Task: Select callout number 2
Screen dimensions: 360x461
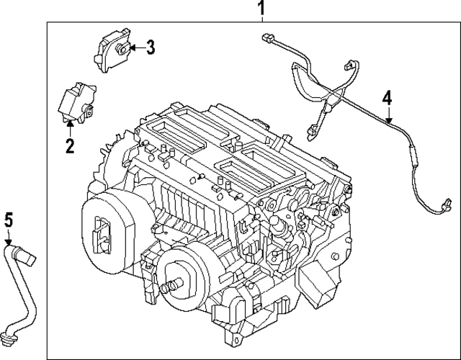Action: [x=69, y=146]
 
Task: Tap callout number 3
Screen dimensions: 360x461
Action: [x=150, y=48]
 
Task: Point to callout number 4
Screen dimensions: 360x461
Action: [x=388, y=96]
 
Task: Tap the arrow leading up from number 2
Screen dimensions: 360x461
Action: [x=69, y=129]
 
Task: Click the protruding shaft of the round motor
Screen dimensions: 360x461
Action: [x=171, y=287]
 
